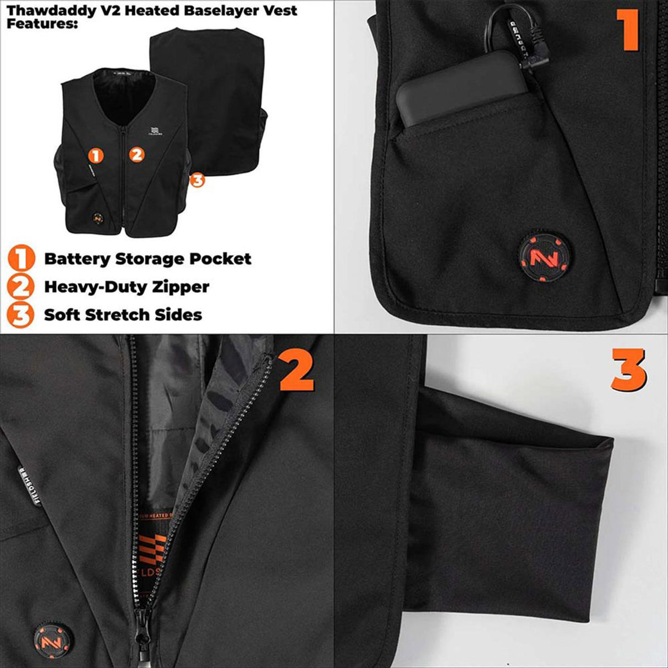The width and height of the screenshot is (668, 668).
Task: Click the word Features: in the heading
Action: click(39, 24)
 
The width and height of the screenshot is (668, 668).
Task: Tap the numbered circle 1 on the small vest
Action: click(96, 156)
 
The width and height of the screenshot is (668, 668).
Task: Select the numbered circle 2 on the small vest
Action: click(137, 155)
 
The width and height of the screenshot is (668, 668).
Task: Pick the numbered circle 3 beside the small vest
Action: click(197, 179)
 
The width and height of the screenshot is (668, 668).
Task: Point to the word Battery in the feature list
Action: click(77, 259)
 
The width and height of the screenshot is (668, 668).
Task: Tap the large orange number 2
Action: click(297, 373)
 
